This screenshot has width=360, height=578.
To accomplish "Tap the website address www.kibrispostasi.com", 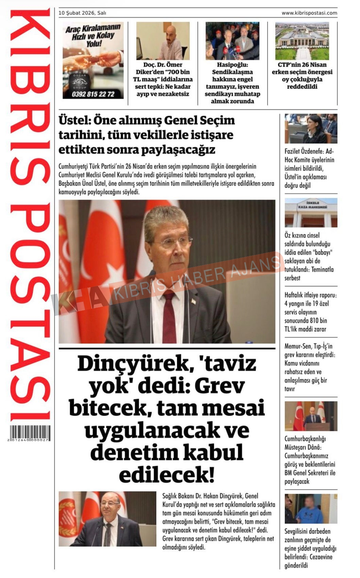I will pos(309,13).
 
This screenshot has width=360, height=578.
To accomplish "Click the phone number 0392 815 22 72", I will pos(93,94).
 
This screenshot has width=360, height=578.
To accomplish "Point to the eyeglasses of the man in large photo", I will pos(169,242).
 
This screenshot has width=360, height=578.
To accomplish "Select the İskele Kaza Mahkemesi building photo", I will pos(311,213).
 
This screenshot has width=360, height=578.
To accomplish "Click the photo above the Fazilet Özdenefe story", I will pos(311,129).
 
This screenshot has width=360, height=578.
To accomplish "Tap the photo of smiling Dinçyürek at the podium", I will pos(107,518).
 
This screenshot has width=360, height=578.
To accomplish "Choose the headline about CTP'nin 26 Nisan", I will pos(302,75).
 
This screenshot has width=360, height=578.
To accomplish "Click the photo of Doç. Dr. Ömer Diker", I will pos(163,41).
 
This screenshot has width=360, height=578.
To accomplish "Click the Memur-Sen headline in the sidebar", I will pos(310,367).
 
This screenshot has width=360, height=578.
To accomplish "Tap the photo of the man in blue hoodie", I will pos(311,509).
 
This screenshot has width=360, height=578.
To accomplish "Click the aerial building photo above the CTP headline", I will pos(302,41).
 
